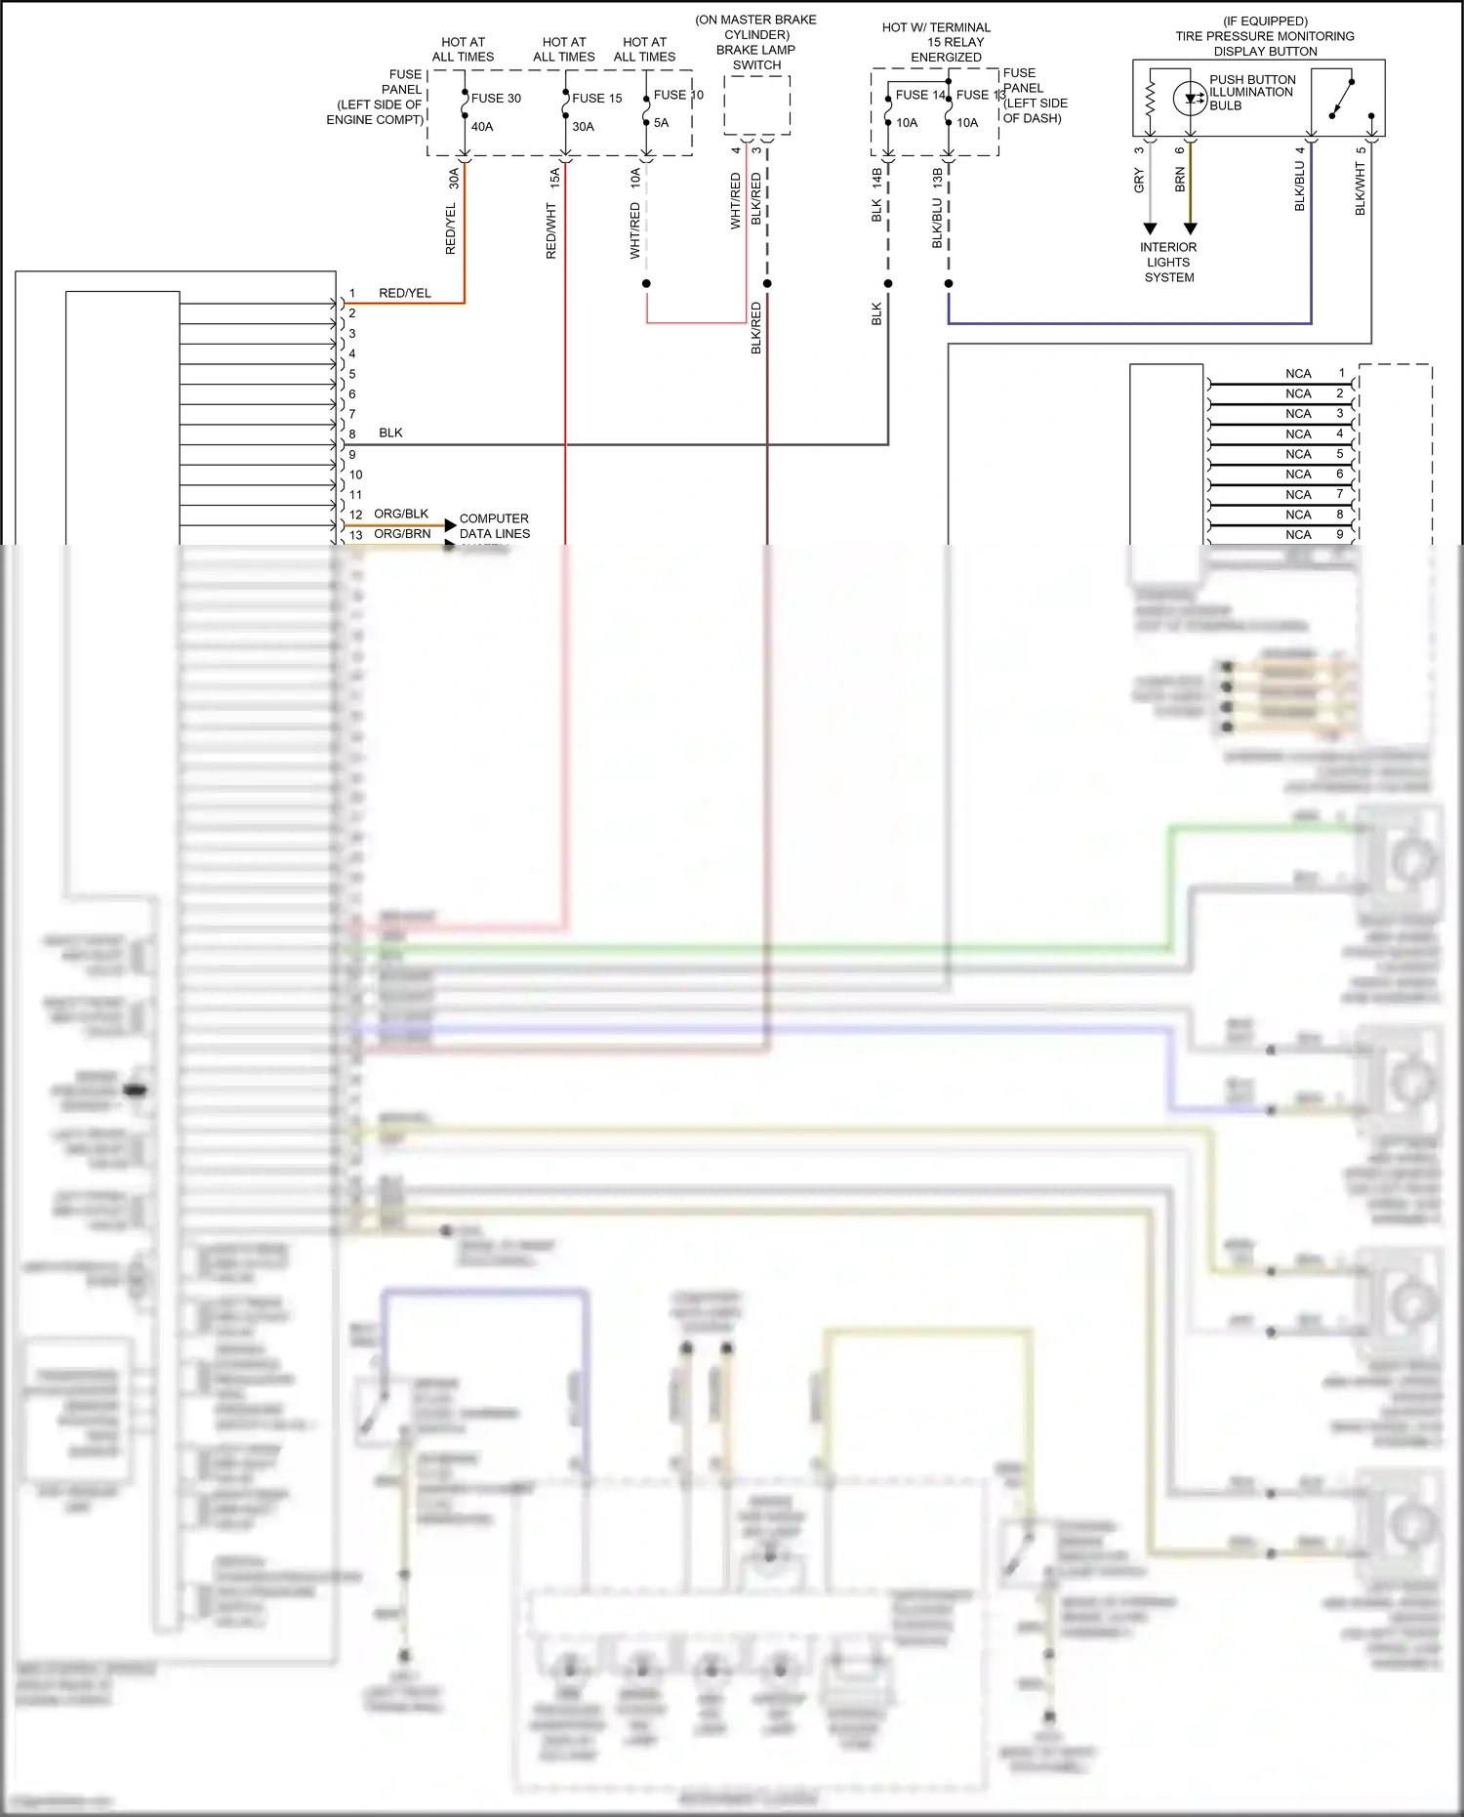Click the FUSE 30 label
496,98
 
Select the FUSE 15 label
596,98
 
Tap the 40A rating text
482,126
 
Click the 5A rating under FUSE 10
661,122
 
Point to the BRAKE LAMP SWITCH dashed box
756,105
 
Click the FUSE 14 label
920,95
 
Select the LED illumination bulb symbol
1190,98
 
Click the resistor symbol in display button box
1150,98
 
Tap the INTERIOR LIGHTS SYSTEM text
1168,262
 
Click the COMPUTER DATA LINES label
494,525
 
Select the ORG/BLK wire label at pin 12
401,514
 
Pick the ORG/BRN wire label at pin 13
402,534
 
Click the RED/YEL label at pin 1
405,293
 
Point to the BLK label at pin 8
390,433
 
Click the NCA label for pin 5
1298,454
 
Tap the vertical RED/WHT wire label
550,230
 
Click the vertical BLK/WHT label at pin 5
1360,188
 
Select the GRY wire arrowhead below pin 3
1150,228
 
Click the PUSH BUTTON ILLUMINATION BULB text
1252,93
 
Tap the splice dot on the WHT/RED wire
646,284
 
